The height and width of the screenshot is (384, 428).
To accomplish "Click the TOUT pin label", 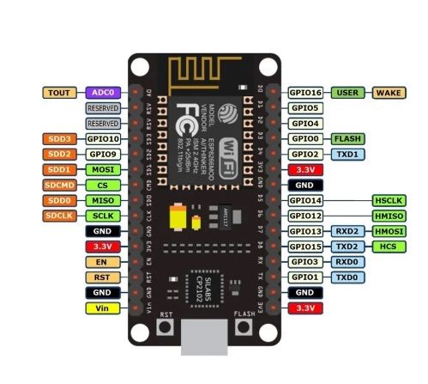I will (59, 92).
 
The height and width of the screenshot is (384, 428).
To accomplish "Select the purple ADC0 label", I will (102, 92).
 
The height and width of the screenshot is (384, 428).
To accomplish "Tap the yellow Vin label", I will (102, 307).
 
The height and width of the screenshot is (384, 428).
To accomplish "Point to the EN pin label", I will (102, 262).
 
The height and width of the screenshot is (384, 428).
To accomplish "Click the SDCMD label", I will (59, 185).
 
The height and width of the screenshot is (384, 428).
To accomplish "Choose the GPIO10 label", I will (102, 138).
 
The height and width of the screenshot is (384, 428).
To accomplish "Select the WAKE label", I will (389, 92).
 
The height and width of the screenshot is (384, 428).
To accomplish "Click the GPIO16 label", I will (304, 92).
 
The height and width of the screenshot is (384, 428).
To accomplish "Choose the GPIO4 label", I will (304, 123).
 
